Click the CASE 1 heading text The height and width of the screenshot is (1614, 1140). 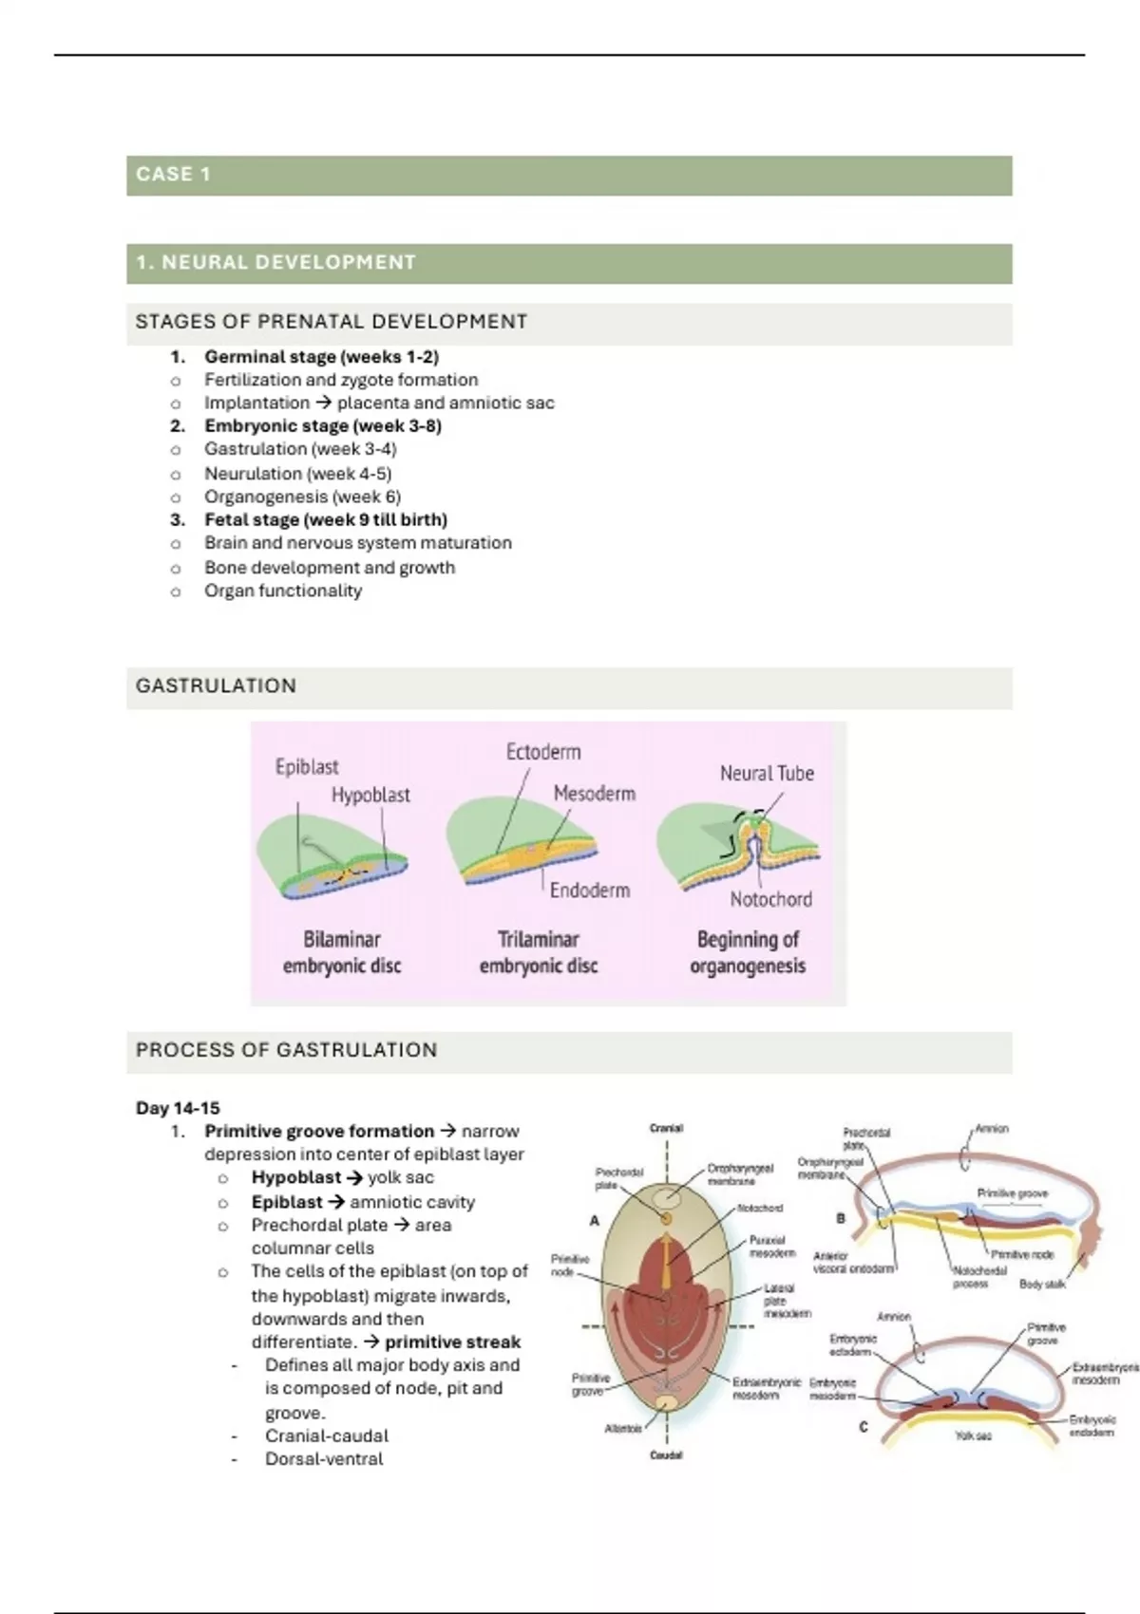pyautogui.click(x=173, y=175)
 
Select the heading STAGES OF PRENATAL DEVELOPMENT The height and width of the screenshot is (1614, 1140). pyautogui.click(x=331, y=322)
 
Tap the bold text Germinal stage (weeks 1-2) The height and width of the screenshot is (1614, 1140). pyautogui.click(x=321, y=357)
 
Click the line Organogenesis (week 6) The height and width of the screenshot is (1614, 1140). pyautogui.click(x=302, y=497)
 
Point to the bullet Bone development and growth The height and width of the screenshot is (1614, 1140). pyautogui.click(x=330, y=568)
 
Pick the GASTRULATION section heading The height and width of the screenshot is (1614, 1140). pyautogui.click(x=216, y=685)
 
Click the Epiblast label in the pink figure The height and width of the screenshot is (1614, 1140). pyautogui.click(x=306, y=766)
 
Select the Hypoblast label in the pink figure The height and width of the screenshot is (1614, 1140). pyautogui.click(x=370, y=795)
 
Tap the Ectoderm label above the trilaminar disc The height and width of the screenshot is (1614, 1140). pyautogui.click(x=542, y=752)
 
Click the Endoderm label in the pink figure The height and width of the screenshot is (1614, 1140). pyautogui.click(x=589, y=891)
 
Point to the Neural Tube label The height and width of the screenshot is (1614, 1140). pyautogui.click(x=767, y=773)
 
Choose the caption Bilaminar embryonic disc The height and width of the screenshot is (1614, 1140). pyautogui.click(x=342, y=952)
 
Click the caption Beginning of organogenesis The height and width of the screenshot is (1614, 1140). pyautogui.click(x=748, y=952)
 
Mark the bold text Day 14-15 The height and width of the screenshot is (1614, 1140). pyautogui.click(x=178, y=1108)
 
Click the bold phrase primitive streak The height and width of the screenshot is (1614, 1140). pyautogui.click(x=452, y=1342)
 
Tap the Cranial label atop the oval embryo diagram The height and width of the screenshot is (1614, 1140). pyautogui.click(x=666, y=1128)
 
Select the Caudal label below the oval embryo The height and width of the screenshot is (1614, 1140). pyautogui.click(x=666, y=1454)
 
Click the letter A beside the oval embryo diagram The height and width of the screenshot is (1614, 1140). pyautogui.click(x=595, y=1221)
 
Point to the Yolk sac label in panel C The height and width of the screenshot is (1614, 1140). pyautogui.click(x=973, y=1436)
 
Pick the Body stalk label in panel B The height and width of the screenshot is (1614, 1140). pyautogui.click(x=1042, y=1284)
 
